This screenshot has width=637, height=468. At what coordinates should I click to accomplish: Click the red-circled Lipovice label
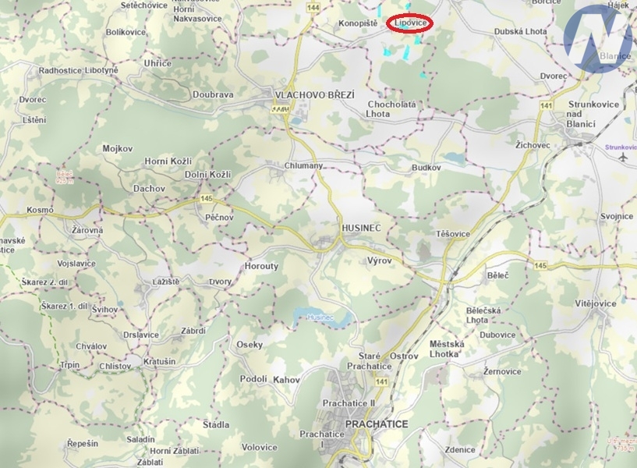tap(410, 24)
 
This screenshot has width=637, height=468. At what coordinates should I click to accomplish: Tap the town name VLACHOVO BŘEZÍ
tap(314, 94)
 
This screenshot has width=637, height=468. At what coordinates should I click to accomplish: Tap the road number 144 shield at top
tap(313, 7)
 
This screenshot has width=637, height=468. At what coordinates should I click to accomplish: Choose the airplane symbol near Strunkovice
tap(622, 156)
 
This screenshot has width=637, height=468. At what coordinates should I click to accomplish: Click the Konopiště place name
tap(358, 24)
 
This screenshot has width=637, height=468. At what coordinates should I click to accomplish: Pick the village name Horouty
tap(261, 266)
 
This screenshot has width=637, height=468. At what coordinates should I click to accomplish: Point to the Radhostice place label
tap(61, 70)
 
